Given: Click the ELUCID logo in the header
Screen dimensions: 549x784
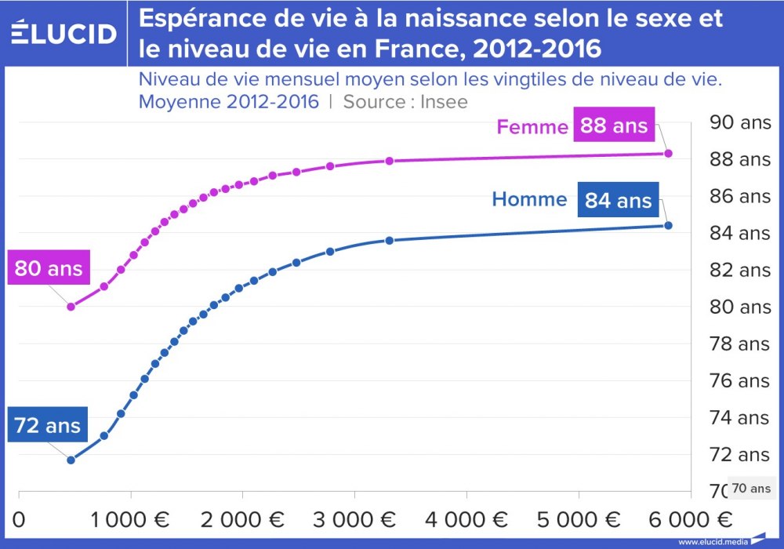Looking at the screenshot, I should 64,33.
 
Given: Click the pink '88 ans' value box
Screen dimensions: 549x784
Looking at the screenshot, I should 614,125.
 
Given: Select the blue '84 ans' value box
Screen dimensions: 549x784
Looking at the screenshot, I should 618,200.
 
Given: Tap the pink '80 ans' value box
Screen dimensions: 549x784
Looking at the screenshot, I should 49,269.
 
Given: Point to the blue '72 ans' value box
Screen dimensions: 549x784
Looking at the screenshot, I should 48,425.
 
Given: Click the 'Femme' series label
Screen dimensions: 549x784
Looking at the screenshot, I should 532,127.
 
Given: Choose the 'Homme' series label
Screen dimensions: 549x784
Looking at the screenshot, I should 529,199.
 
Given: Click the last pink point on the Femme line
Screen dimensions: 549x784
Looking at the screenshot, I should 669,153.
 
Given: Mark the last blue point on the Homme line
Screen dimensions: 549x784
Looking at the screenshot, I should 669,225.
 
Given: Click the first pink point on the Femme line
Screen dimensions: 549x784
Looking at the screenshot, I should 71,307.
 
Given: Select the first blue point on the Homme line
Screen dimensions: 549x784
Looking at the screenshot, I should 71,460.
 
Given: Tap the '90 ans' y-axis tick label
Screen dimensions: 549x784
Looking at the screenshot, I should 739,122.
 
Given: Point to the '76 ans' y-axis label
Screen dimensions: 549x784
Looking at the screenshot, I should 739,381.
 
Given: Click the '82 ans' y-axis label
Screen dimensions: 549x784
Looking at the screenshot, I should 739,271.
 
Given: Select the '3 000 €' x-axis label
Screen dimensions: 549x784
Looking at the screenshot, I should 354,520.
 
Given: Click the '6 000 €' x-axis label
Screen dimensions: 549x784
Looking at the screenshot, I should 691,520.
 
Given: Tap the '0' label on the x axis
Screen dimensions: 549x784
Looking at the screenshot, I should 20,520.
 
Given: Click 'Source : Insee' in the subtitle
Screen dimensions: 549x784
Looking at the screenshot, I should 405,102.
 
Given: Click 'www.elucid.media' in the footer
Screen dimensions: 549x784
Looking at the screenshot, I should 712,542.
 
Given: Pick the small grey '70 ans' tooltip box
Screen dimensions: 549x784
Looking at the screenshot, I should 751,488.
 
